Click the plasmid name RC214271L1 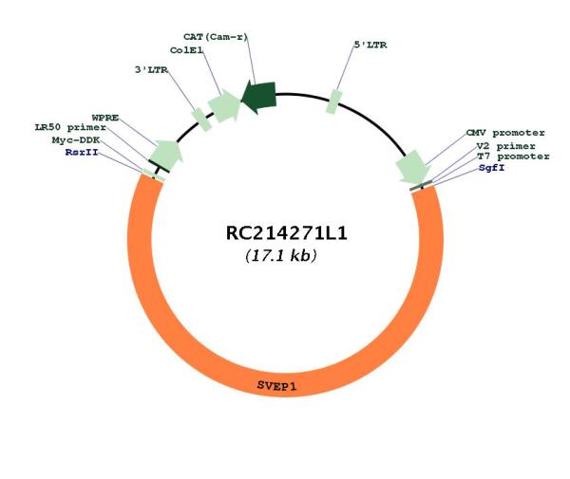[287, 233]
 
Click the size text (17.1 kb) [281, 255]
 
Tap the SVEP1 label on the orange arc [276, 386]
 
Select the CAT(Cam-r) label [216, 37]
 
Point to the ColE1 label [186, 50]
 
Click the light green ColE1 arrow [224, 105]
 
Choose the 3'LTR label [152, 69]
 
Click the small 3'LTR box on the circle [201, 120]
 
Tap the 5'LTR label [370, 45]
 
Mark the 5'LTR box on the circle [334, 102]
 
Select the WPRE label [105, 118]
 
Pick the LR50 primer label [70, 127]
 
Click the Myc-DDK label [76, 140]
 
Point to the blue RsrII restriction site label [82, 152]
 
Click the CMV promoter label [505, 133]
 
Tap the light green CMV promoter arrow [413, 167]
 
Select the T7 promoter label [513, 157]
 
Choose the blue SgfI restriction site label [491, 168]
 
